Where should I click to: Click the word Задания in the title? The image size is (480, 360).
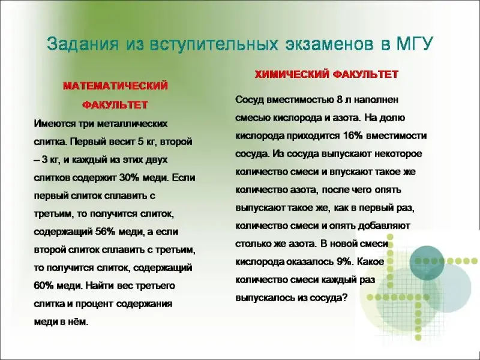[x=83, y=44]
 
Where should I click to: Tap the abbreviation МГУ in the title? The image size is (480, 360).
[x=415, y=44]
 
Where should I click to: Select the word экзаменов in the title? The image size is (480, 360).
[x=329, y=44]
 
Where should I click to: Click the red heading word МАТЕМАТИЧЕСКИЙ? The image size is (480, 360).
[x=116, y=86]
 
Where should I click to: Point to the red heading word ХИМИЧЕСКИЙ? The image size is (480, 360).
[x=291, y=74]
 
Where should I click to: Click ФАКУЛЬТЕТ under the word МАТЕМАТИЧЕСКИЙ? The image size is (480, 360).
[x=115, y=104]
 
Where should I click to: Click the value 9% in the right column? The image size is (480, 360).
[x=343, y=262]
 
